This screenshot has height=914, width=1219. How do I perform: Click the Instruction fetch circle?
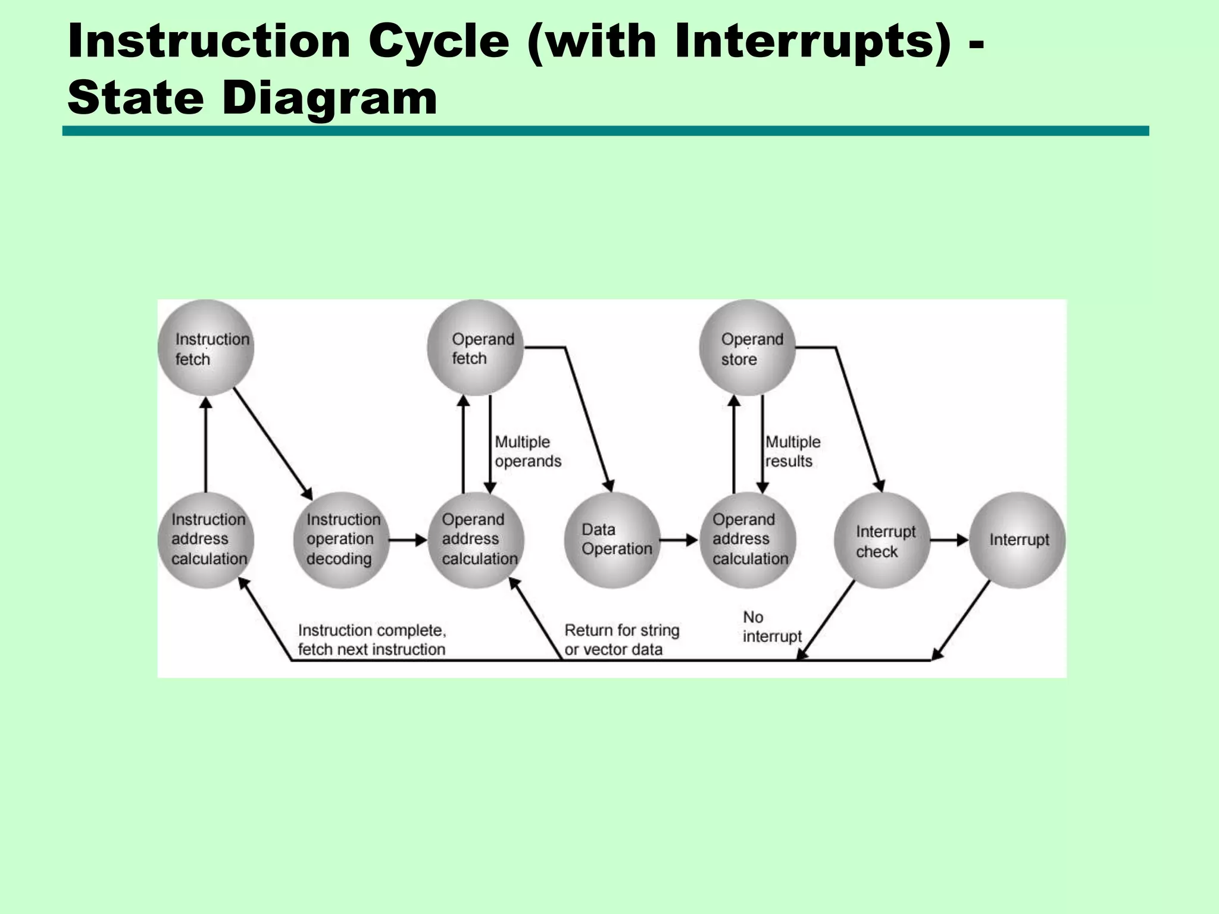point(206,348)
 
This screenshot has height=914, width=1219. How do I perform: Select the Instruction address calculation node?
point(206,540)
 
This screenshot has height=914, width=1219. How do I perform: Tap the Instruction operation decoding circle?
point(342,540)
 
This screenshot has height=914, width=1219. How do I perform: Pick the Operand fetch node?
point(476,348)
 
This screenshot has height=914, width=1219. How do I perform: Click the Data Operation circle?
point(612,540)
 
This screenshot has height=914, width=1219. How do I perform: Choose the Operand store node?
point(748,348)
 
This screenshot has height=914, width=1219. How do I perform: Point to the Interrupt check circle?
point(883,540)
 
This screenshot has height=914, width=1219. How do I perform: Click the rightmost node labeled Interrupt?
point(1018,540)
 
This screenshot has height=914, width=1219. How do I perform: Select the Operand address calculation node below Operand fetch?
point(476,540)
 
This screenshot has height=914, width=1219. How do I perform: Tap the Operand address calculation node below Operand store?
point(748,540)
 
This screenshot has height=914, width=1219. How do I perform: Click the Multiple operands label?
point(527,452)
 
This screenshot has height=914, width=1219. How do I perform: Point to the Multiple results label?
point(792,452)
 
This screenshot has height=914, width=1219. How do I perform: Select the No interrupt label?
point(771,627)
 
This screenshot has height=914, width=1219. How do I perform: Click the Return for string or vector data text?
point(621,640)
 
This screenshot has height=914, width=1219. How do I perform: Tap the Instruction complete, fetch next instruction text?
point(371,640)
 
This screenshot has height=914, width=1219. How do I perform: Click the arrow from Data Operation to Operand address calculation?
point(679,540)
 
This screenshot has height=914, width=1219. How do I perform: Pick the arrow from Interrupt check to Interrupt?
point(949,540)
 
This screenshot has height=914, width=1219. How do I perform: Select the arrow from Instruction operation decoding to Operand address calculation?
point(408,540)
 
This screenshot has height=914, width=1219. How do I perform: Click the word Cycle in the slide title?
point(439,42)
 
